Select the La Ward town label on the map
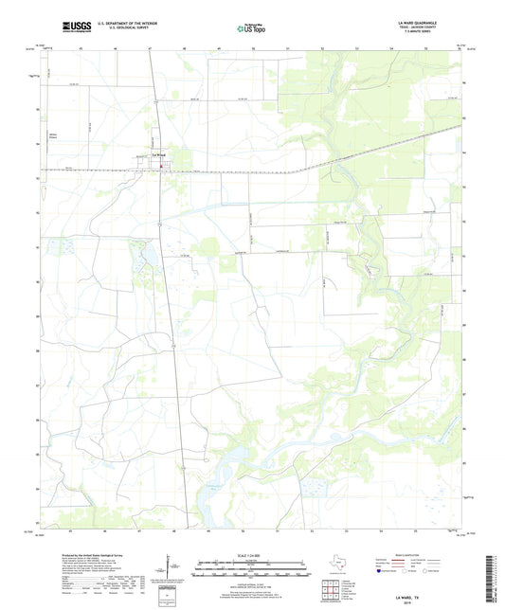coord(160,159)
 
